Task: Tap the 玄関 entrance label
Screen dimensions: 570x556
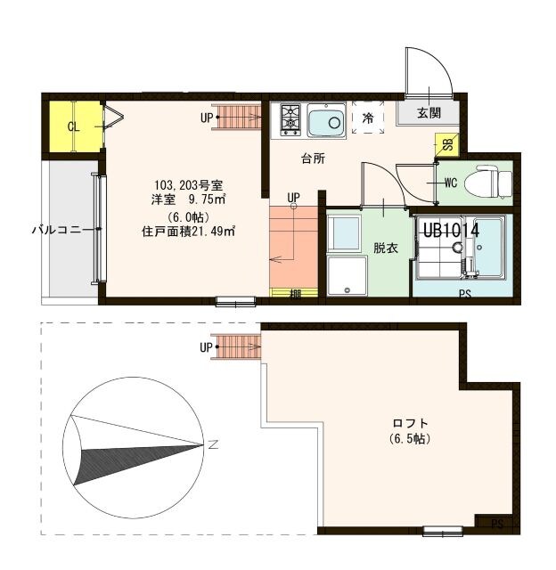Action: [428, 113]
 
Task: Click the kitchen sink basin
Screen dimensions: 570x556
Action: [327, 122]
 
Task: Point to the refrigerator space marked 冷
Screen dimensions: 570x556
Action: [367, 118]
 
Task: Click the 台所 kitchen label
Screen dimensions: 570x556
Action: [312, 159]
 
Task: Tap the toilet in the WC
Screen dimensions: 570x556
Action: [491, 182]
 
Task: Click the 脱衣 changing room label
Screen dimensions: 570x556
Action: [385, 248]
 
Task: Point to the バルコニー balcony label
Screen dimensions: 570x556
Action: [58, 229]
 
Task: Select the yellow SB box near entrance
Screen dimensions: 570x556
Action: [446, 145]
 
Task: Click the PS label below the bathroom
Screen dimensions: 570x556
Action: [464, 293]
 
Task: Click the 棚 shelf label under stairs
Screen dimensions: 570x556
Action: [294, 292]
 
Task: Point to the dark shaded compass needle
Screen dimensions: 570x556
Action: [107, 459]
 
